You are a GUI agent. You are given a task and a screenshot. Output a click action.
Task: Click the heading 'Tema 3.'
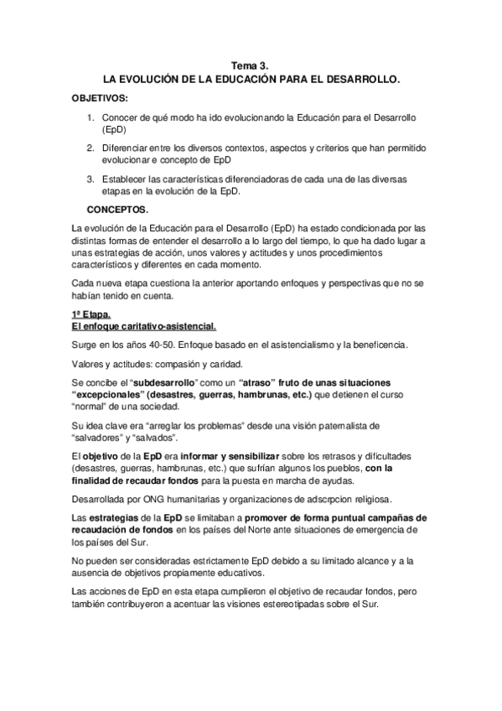coord(251,65)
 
